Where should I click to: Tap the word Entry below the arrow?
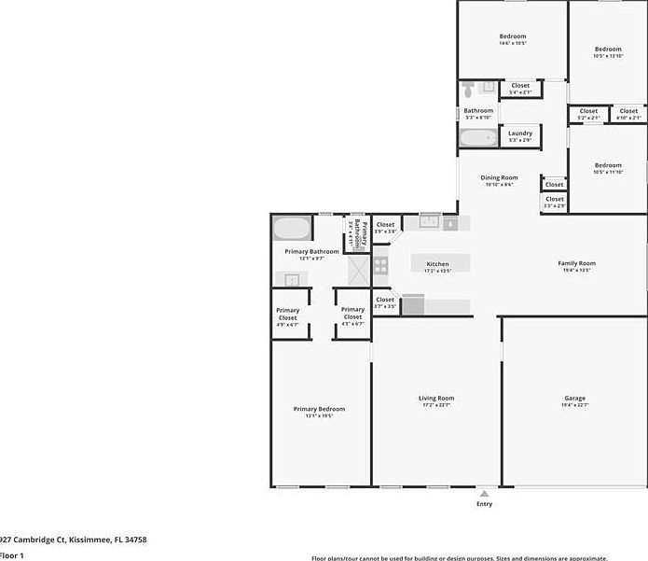(484, 504)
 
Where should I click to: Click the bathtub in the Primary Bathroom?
(292, 229)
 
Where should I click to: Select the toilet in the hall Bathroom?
(469, 91)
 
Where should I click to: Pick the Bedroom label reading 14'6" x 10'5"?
(513, 39)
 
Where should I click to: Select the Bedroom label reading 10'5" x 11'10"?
(608, 168)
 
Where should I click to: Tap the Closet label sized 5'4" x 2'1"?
(520, 89)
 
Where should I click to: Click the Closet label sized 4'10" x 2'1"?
(628, 114)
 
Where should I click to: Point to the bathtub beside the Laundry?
(477, 138)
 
